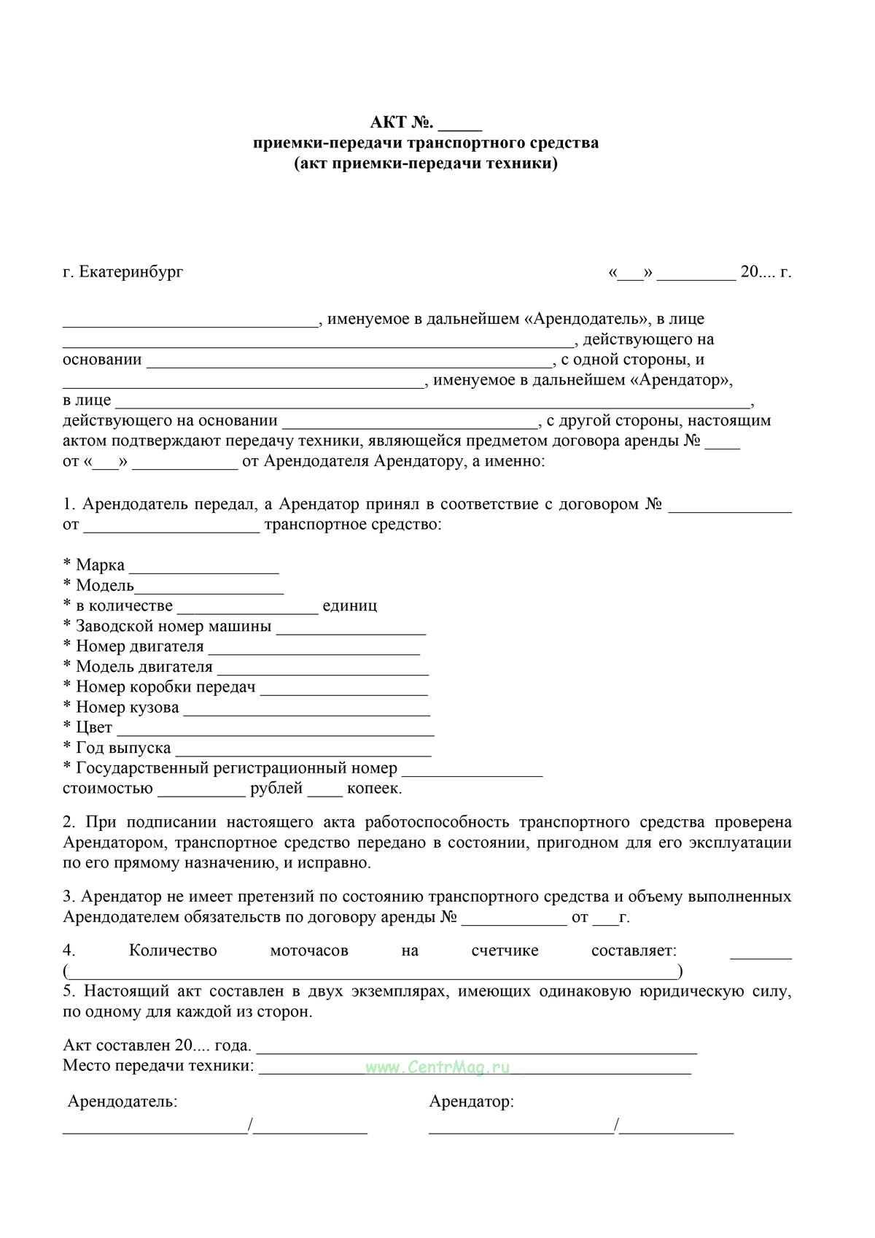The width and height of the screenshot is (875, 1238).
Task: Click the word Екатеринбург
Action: pyautogui.click(x=131, y=272)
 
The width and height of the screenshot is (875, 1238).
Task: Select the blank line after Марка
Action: pyautogui.click(x=203, y=570)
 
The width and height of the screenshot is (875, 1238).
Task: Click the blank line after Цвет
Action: pyautogui.click(x=275, y=732)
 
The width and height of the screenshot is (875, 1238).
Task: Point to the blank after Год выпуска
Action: pyautogui.click(x=303, y=752)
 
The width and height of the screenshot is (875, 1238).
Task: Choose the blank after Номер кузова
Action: pyautogui.click(x=306, y=711)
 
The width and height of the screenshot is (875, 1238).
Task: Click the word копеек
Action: pyautogui.click(x=374, y=788)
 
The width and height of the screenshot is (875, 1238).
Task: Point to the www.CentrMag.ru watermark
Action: pyautogui.click(x=437, y=1067)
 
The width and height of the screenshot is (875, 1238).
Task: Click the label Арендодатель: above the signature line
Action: pyautogui.click(x=122, y=1102)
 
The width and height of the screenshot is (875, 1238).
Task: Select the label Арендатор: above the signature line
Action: pyautogui.click(x=471, y=1102)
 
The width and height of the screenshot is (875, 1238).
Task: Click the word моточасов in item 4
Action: pyautogui.click(x=309, y=951)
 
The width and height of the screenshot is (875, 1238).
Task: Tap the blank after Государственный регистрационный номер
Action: pyautogui.click(x=472, y=773)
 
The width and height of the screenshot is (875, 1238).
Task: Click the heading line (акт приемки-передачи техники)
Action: pyautogui.click(x=426, y=163)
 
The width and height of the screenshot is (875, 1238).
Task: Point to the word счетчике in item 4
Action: pyautogui.click(x=505, y=951)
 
